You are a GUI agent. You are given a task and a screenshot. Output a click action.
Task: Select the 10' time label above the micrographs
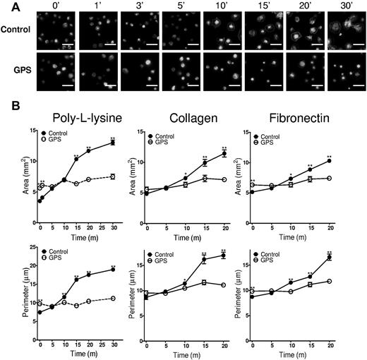pos(220,8)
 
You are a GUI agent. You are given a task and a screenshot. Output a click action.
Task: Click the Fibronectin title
pos(297,117)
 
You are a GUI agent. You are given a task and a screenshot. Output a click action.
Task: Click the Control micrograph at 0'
pos(55,33)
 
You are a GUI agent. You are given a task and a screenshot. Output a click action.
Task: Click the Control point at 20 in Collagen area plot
pos(224,154)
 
